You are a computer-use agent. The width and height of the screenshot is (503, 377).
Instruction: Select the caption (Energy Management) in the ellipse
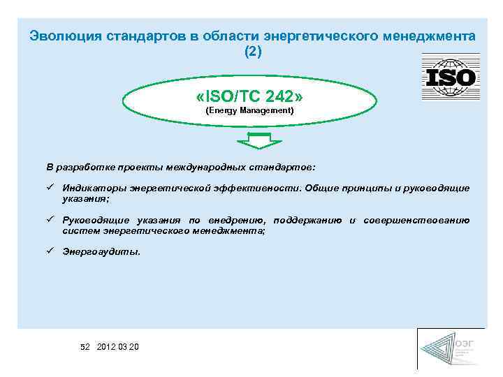249,111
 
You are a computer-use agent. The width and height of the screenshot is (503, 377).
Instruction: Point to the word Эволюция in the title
59,36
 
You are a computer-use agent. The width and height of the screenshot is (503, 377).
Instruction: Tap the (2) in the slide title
252,52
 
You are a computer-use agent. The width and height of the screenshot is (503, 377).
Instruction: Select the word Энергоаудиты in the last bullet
101,252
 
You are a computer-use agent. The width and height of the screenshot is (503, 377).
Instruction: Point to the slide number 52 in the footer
85,347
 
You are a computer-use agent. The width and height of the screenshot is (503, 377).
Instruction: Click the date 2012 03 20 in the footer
118,347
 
